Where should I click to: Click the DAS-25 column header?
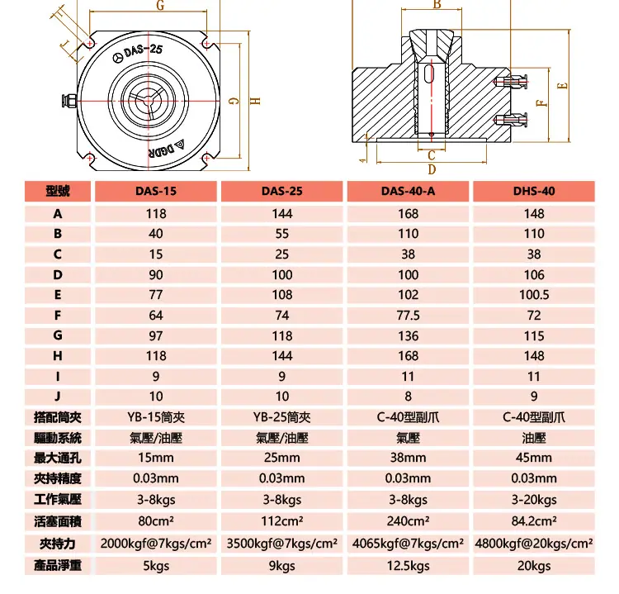point(282,192)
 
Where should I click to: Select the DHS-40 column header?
point(534,192)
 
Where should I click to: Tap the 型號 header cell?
point(58,192)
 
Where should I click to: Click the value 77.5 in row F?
point(408,316)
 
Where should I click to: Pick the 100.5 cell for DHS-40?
point(534,295)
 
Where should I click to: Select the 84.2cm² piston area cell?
point(534,521)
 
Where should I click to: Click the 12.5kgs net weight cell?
point(408,566)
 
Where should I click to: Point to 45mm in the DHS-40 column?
point(534,458)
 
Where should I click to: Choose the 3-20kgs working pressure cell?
point(534,500)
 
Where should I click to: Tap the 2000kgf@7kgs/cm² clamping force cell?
point(156,544)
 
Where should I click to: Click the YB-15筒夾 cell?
point(156,417)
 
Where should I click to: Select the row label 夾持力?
point(58,544)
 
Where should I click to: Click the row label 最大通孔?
point(58,458)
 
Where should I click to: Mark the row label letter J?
point(58,397)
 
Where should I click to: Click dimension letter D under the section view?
point(432,169)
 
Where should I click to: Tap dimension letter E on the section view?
point(562,86)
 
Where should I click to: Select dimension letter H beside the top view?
point(255,101)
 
